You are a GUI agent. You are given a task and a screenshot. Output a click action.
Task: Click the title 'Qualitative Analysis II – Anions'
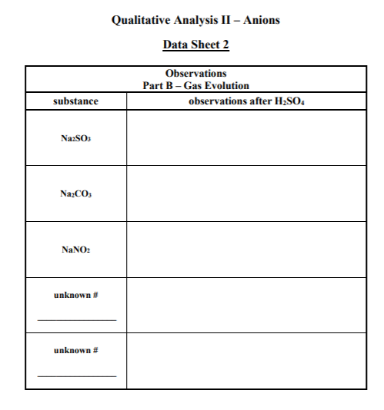[195, 20]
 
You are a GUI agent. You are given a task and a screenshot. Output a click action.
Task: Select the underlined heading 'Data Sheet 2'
[195, 45]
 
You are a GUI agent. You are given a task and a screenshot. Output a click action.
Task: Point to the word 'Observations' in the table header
[195, 73]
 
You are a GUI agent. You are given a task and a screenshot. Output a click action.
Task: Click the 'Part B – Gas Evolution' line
[195, 85]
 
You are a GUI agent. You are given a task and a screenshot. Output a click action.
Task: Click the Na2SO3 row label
[75, 138]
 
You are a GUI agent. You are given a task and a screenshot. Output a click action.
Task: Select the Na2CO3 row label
[75, 194]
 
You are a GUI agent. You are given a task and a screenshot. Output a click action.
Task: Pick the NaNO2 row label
[75, 250]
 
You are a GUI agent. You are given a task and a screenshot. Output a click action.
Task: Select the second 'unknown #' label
[75, 350]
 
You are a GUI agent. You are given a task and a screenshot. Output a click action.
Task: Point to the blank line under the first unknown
[77, 319]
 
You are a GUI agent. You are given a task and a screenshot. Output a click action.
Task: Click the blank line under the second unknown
[77, 375]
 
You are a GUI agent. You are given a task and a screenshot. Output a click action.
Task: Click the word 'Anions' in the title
[261, 20]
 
